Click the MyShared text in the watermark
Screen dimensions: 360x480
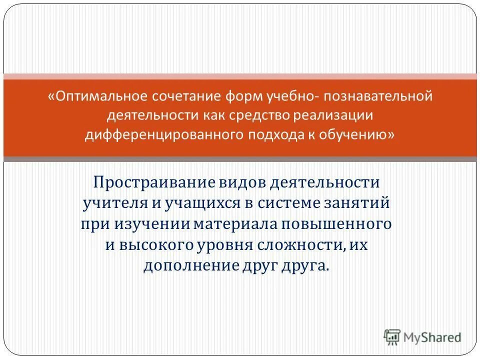click(432, 337)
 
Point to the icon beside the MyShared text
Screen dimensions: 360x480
click(392, 336)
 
